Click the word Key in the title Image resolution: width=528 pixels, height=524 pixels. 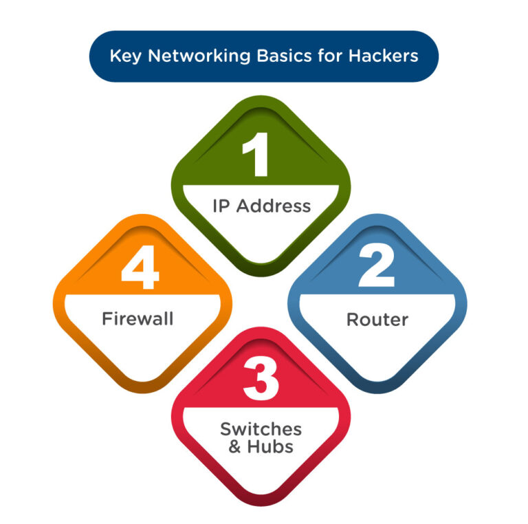[x=124, y=56]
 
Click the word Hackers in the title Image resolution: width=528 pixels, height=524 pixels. [x=379, y=56]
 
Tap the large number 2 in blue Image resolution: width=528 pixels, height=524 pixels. [x=376, y=268]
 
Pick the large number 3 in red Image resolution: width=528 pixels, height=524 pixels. [x=261, y=380]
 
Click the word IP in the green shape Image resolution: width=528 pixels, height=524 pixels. [x=221, y=206]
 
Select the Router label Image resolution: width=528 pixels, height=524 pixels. [x=377, y=320]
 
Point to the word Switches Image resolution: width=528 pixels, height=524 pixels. [x=261, y=429]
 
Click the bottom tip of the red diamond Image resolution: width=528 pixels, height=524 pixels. [x=261, y=504]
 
